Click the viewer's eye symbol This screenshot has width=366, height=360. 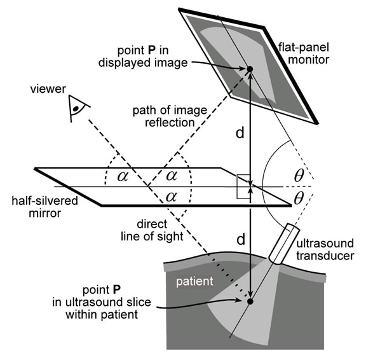(x=78, y=108)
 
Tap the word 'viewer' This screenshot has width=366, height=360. (x=48, y=89)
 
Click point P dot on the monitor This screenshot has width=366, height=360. (x=250, y=69)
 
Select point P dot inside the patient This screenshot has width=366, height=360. (x=250, y=301)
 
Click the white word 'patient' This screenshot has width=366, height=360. (x=194, y=281)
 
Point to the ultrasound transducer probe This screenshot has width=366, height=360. (x=284, y=244)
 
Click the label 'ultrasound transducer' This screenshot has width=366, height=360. (x=325, y=249)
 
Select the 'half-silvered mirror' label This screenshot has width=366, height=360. (x=45, y=207)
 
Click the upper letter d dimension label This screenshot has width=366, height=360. (x=240, y=134)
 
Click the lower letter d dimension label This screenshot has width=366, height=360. (x=241, y=240)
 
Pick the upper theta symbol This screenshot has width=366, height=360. (x=299, y=176)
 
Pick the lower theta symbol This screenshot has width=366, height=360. (x=299, y=198)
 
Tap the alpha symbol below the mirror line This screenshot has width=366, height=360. (x=171, y=197)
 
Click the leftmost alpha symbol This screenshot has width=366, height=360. (x=123, y=176)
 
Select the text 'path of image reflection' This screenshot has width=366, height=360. (x=170, y=116)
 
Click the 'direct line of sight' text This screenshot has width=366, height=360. (x=152, y=230)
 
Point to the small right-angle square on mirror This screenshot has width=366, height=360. (x=243, y=186)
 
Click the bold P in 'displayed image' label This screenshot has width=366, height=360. (x=151, y=50)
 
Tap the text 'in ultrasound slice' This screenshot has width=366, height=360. (x=102, y=302)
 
